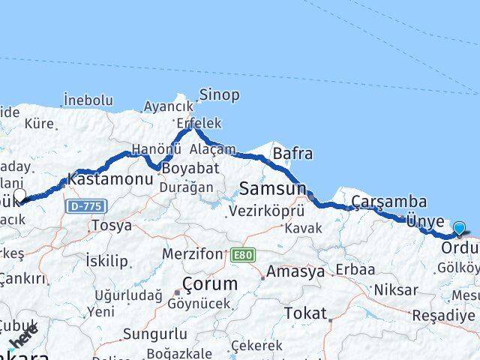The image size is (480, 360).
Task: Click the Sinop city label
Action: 220,94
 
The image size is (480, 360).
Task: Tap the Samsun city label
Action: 273,188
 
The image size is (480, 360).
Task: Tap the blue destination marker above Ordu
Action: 459,229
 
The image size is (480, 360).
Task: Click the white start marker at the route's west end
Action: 20,195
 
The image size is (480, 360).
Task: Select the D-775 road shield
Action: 85,205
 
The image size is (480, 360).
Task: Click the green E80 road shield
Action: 243,254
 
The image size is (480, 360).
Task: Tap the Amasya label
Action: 295,271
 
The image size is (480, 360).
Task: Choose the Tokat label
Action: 306,313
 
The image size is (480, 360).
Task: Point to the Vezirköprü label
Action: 268,211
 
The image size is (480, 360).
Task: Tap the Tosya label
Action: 111,225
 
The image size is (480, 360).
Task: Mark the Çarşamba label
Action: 389,202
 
